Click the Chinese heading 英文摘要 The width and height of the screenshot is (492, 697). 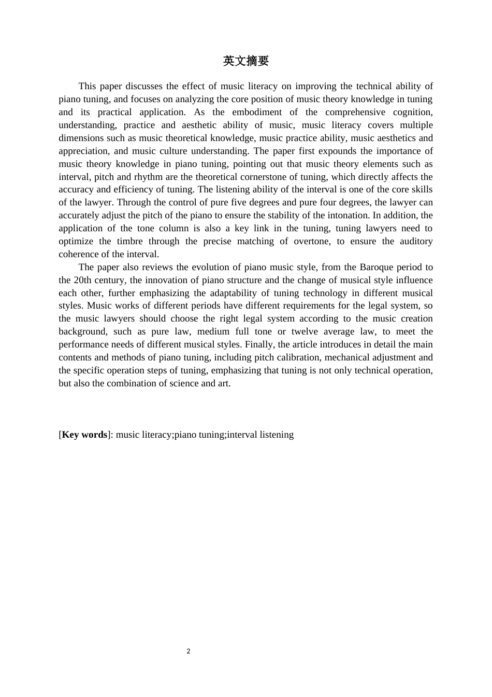246,61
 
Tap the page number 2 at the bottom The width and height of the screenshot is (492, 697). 189,651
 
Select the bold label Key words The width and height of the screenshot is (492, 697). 84,435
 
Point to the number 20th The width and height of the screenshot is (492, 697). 83,280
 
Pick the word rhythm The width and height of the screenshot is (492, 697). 149,177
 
